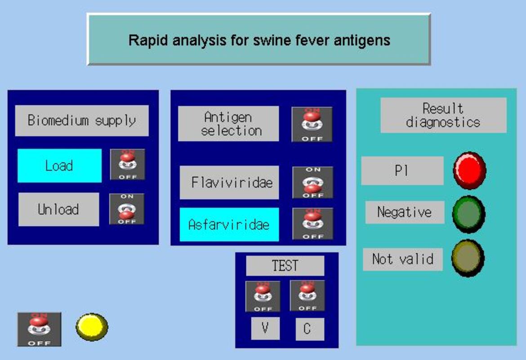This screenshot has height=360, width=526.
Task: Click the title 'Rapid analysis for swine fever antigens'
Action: click(259, 40)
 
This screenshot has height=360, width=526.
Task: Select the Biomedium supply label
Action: click(82, 121)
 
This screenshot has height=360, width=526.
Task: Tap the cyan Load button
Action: click(59, 166)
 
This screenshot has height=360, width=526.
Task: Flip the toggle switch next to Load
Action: click(128, 165)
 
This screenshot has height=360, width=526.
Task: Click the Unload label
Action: click(58, 209)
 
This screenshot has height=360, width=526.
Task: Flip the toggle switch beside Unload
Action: click(127, 209)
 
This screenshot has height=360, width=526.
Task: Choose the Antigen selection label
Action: click(228, 124)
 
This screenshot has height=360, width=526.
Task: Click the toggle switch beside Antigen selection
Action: click(312, 124)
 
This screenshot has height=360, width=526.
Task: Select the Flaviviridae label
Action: click(229, 182)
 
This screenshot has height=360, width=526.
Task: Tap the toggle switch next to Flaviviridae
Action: click(313, 182)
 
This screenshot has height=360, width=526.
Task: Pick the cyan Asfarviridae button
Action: click(229, 224)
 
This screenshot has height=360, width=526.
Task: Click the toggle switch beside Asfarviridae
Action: click(313, 224)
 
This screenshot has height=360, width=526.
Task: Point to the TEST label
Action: click(285, 265)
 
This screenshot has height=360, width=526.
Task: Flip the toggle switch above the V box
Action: click(263, 296)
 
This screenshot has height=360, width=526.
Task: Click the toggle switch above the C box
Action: click(308, 296)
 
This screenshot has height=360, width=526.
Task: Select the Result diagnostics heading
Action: click(443, 115)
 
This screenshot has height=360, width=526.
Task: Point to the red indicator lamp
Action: click(469, 170)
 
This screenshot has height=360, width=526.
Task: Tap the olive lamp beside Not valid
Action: click(468, 258)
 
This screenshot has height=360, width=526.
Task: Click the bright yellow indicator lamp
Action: click(92, 327)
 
